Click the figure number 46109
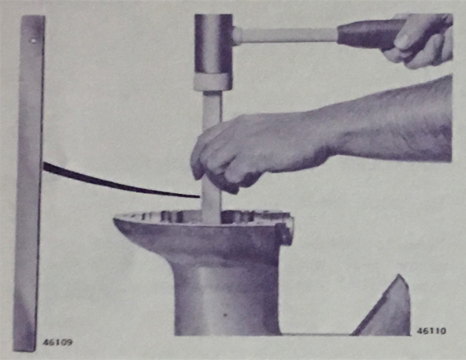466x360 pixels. (57, 342)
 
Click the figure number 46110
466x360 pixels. (431, 331)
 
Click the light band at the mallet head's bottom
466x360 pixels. (213, 82)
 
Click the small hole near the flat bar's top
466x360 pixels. (33, 40)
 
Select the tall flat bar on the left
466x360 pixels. (29, 183)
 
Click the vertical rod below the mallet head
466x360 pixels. (212, 158)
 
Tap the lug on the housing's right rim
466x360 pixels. (284, 231)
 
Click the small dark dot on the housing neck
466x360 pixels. (225, 314)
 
